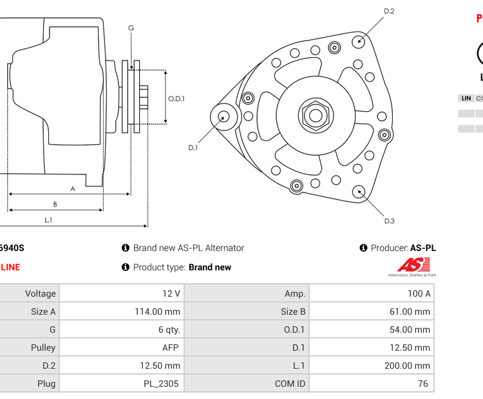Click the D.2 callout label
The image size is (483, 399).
click(x=389, y=11)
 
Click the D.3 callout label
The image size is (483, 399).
click(x=389, y=221)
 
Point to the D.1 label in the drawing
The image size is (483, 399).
click(x=193, y=148)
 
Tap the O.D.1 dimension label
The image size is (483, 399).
click(x=176, y=98)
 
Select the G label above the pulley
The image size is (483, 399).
click(x=131, y=28)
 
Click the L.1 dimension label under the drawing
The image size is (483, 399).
click(x=48, y=220)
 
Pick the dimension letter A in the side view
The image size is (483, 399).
click(x=73, y=189)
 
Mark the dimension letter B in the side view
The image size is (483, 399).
click(x=55, y=205)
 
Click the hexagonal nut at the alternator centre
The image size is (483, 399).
click(x=315, y=116)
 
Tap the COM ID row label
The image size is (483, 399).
click(x=290, y=384)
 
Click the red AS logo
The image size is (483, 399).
click(x=412, y=264)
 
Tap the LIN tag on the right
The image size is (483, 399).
click(x=466, y=98)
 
